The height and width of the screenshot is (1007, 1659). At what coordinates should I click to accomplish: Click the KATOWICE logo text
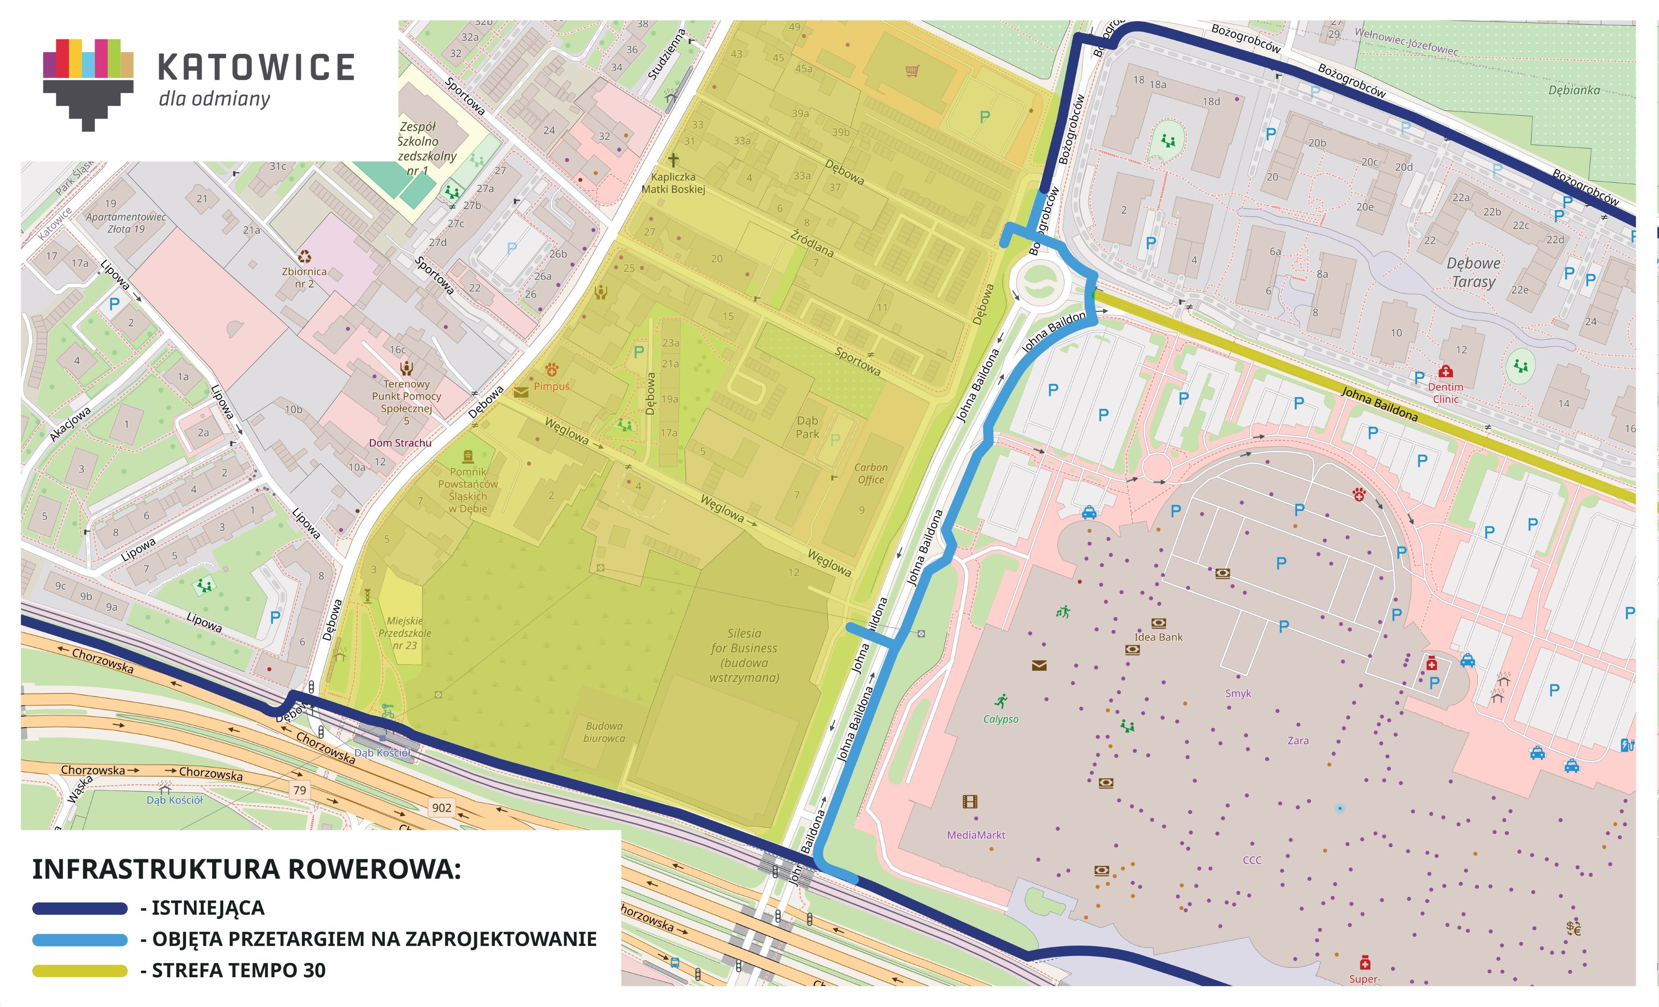pos(256,67)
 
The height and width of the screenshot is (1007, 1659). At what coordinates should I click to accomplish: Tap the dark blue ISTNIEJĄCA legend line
pos(80,909)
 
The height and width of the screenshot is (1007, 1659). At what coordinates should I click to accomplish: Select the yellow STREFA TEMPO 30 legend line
pos(80,971)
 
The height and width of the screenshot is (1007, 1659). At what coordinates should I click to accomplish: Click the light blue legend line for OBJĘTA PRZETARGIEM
pos(80,940)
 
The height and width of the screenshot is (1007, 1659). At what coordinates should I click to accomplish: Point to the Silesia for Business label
pos(744,655)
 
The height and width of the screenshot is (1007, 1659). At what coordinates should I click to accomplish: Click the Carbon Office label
pos(871,473)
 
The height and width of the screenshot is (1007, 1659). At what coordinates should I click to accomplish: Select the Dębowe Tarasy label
pos(1473,272)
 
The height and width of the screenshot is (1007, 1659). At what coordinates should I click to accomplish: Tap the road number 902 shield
pos(442,808)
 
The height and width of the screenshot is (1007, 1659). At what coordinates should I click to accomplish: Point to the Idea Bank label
pos(1158,637)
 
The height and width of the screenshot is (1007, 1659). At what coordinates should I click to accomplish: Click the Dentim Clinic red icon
pos(1445,372)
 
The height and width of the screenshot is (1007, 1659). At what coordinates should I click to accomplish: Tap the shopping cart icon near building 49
pos(912,71)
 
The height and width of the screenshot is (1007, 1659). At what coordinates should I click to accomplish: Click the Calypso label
pos(1000,719)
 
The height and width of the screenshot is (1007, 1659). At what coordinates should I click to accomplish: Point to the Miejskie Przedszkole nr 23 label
pos(405,633)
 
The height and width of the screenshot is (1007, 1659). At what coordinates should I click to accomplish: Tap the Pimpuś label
pos(551,386)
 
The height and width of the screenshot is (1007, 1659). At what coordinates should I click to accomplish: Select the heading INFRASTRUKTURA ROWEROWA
pos(246,869)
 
